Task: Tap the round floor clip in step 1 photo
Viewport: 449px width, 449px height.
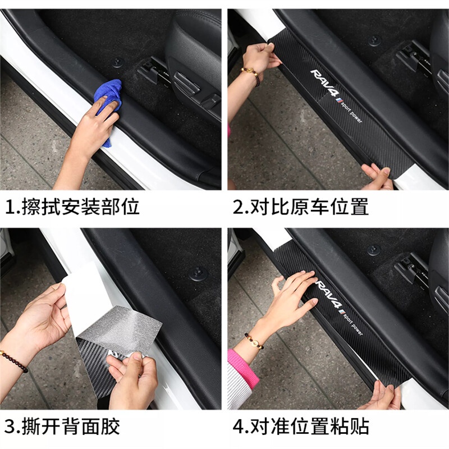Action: point(117,62)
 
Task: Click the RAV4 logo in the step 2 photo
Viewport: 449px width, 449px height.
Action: point(326,83)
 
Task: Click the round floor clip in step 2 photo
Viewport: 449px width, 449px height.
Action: point(374,40)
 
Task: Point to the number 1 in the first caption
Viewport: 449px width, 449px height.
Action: point(10,207)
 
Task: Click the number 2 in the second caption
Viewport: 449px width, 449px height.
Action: point(238,207)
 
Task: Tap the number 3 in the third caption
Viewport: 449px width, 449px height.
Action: point(10,427)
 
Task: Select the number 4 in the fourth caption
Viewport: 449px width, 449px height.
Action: point(238,427)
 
